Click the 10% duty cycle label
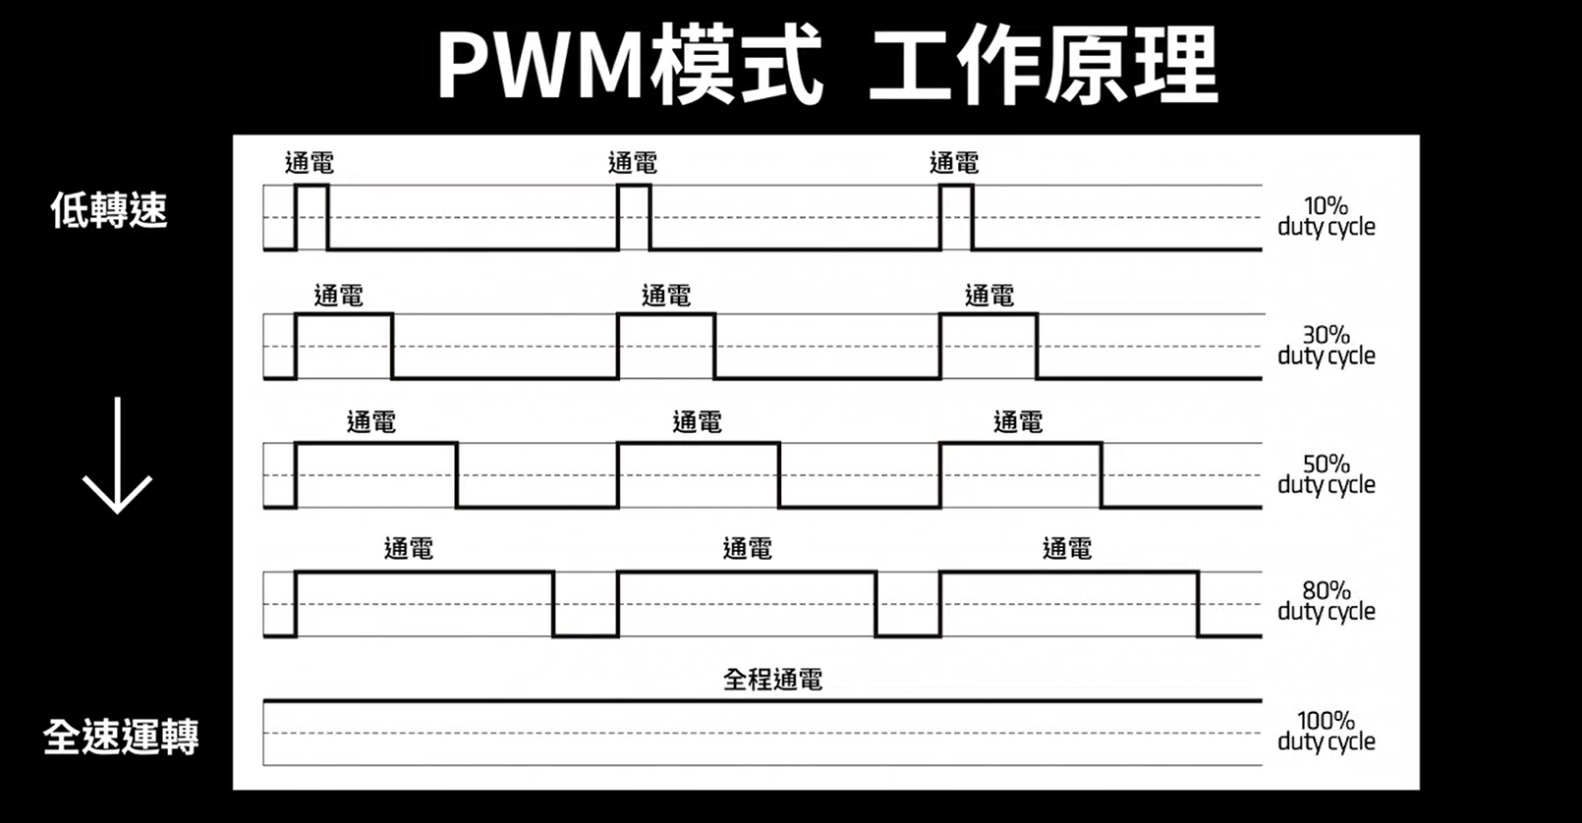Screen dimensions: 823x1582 tap(1326, 217)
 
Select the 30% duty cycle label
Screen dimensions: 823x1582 tap(1326, 346)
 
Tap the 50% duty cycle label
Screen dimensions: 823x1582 tap(1326, 474)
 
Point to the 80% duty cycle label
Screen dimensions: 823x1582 tap(1326, 601)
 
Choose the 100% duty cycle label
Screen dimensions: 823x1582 tap(1326, 732)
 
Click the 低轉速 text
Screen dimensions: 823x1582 tap(109, 210)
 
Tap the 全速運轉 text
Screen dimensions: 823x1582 tap(121, 737)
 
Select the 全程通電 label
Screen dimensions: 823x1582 tap(772, 680)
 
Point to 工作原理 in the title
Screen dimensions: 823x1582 tap(1044, 67)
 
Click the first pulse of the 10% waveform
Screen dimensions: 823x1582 tap(311, 217)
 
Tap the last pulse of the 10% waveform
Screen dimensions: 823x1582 tap(956, 217)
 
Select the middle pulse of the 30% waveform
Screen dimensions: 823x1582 tap(666, 346)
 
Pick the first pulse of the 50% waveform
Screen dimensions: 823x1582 tap(376, 475)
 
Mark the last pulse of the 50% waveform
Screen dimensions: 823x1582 tap(1020, 475)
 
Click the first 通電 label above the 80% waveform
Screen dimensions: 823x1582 tap(409, 549)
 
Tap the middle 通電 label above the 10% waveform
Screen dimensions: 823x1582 tap(633, 163)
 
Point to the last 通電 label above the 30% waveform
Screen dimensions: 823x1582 tap(989, 295)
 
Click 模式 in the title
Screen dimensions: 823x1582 tap(735, 67)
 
